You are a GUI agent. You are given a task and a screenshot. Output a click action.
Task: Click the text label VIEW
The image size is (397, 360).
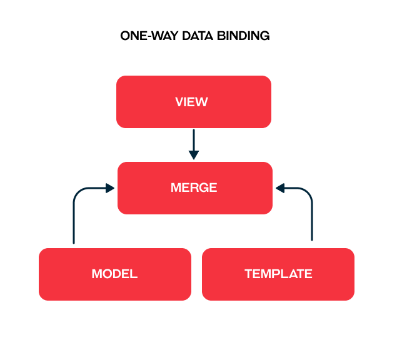pos(192,102)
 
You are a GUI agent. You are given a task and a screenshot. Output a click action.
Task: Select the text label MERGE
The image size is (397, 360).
pos(194,187)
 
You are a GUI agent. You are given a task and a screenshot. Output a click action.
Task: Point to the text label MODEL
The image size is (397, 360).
pos(114,274)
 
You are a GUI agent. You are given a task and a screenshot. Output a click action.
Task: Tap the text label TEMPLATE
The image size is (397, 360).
pos(278,274)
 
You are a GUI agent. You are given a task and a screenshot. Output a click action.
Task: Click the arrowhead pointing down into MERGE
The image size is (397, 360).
pos(194,154)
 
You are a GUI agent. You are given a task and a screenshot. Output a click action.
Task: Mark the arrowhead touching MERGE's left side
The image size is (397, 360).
pos(110,187)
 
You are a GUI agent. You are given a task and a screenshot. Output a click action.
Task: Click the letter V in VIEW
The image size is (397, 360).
pos(179,102)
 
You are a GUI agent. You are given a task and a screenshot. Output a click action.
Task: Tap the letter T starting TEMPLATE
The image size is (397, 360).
pos(248,274)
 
